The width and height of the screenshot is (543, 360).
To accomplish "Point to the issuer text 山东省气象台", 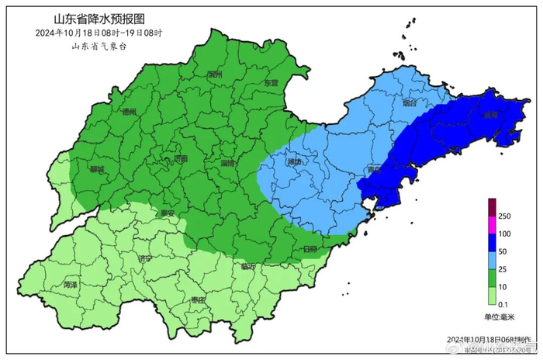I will coord(98,47).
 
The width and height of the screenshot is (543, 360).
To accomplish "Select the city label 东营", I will coord(270,82).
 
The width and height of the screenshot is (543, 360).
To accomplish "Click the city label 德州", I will coord(130,112).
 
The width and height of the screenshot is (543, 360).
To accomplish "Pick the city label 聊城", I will coord(97,169).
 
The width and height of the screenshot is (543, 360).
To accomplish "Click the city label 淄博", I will coord(229,164).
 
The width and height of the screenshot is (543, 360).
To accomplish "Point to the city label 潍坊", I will coord(294,162).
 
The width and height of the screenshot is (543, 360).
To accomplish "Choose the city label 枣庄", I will coord(197,299).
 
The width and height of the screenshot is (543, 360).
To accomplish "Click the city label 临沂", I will coord(248,266).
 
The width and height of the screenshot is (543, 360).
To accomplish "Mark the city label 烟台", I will coord(410,102).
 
